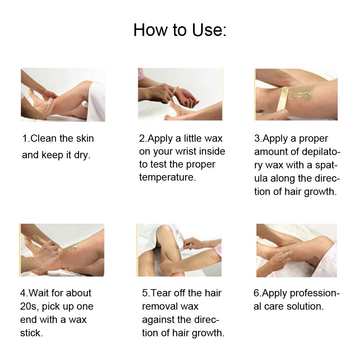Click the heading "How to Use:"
180,30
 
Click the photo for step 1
63,95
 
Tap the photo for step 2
180,94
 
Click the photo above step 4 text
62,250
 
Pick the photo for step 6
296,250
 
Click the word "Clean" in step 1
46,138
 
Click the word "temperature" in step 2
167,177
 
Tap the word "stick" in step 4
31,333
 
